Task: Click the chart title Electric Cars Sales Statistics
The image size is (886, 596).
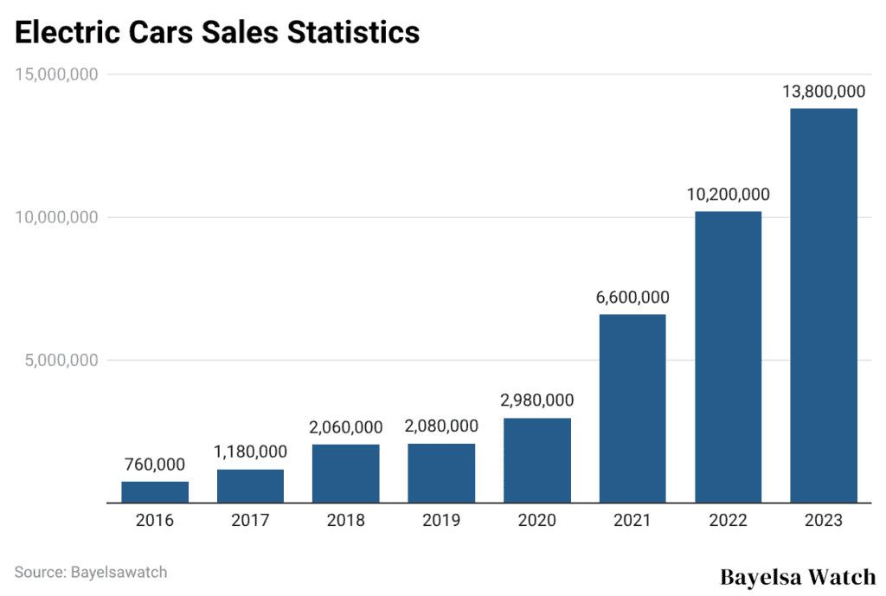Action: [217, 32]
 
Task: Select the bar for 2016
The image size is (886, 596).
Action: [155, 491]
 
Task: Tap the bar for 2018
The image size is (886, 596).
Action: [346, 473]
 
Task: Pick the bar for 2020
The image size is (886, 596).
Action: [536, 460]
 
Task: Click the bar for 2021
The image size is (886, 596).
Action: [632, 408]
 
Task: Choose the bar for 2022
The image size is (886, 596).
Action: [728, 356]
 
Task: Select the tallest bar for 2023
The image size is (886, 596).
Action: [824, 305]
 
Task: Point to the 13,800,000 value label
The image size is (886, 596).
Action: [824, 91]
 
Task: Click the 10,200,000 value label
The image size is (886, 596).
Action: [728, 194]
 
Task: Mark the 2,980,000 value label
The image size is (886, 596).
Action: [536, 401]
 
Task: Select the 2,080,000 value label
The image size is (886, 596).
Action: [441, 426]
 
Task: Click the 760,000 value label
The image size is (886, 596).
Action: [155, 464]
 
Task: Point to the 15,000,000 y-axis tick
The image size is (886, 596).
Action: [56, 74]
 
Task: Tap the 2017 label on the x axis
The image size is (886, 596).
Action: [250, 521]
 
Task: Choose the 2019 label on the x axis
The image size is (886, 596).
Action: [441, 521]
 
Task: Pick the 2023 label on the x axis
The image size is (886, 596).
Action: [824, 521]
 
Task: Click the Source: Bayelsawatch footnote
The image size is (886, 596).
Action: [91, 572]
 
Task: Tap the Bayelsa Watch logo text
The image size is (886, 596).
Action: [798, 576]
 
